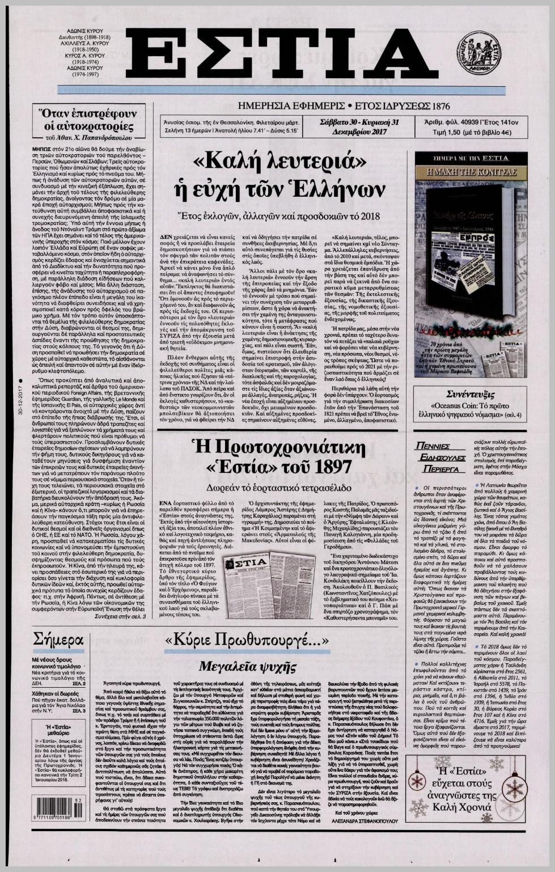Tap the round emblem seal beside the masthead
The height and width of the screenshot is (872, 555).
coord(478,53)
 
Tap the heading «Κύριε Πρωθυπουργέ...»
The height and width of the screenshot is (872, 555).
coord(247,641)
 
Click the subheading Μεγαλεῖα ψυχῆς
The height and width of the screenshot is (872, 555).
coord(247,666)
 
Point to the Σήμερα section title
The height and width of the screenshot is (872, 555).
coord(58,641)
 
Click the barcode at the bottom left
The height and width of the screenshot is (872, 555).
coord(58,808)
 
